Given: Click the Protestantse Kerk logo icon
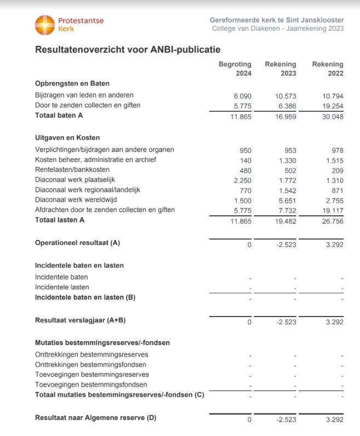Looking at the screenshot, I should (45, 25).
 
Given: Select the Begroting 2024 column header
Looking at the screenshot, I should (235, 68).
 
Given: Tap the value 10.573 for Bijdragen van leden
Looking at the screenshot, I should (285, 96).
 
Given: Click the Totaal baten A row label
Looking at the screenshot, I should (59, 115).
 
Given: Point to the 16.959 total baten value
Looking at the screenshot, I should (285, 116).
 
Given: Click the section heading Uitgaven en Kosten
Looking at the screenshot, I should (67, 137).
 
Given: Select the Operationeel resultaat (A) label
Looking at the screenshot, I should (77, 242).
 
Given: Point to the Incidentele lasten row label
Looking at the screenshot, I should (62, 287).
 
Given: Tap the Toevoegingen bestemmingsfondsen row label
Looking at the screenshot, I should (91, 385).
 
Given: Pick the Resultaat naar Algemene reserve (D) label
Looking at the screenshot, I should (95, 418).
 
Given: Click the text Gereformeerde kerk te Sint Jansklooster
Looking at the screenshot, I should (277, 20).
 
